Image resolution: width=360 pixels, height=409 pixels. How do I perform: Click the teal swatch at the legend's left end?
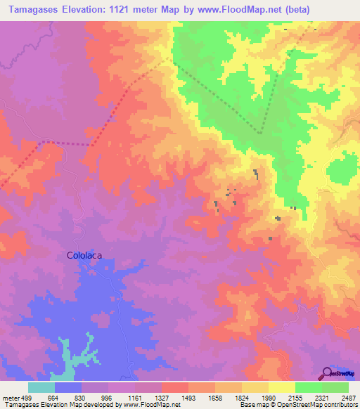coord(41,387)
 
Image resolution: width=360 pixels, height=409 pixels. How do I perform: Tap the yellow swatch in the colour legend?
coord(282,387)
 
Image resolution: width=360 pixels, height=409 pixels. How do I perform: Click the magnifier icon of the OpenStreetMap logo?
coord(327,372)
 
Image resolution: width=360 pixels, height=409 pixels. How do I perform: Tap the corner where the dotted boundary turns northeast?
coord(259,132)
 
